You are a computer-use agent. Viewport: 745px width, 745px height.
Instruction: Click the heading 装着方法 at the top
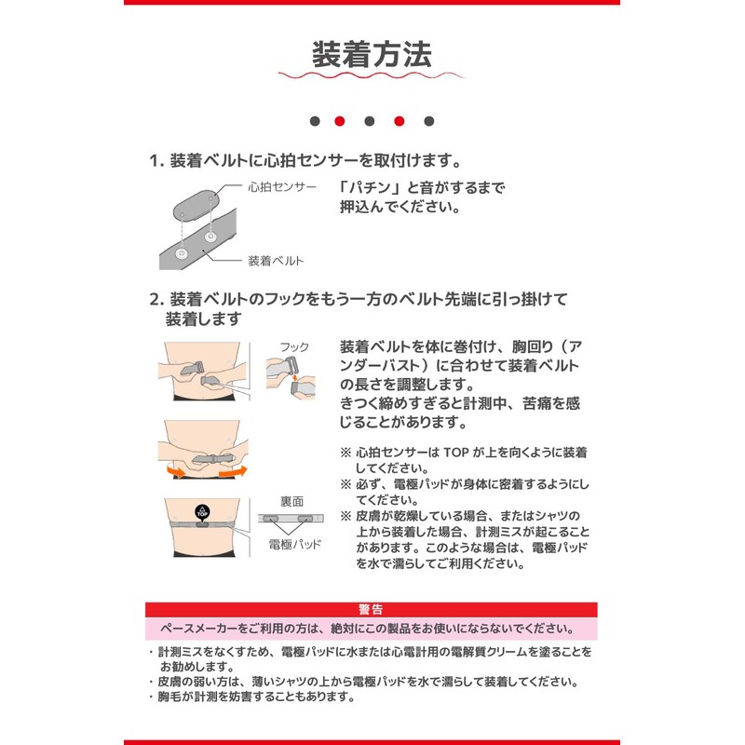[372, 55]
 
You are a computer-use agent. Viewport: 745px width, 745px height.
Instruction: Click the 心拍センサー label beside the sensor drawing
[282, 187]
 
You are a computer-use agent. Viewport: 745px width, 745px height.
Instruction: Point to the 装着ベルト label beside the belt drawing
[276, 261]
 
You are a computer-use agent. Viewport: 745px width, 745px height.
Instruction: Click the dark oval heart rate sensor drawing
[196, 203]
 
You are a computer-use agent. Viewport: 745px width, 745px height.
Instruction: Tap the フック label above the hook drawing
[294, 347]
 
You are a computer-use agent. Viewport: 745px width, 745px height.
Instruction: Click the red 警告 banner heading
[372, 610]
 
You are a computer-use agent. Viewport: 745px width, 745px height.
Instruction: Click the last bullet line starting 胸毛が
[256, 697]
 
